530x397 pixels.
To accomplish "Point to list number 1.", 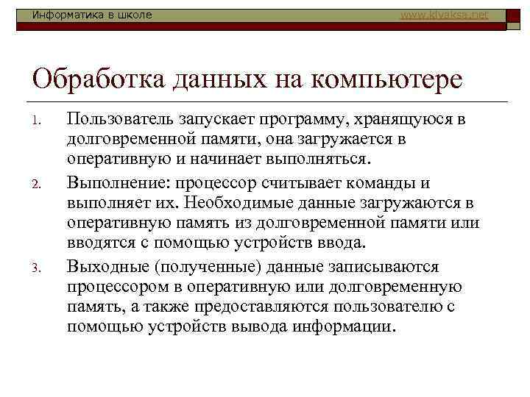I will [x=41, y=121].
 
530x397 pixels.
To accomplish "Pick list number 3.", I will [x=41, y=268].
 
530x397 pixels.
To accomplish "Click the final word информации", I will [x=344, y=326].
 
